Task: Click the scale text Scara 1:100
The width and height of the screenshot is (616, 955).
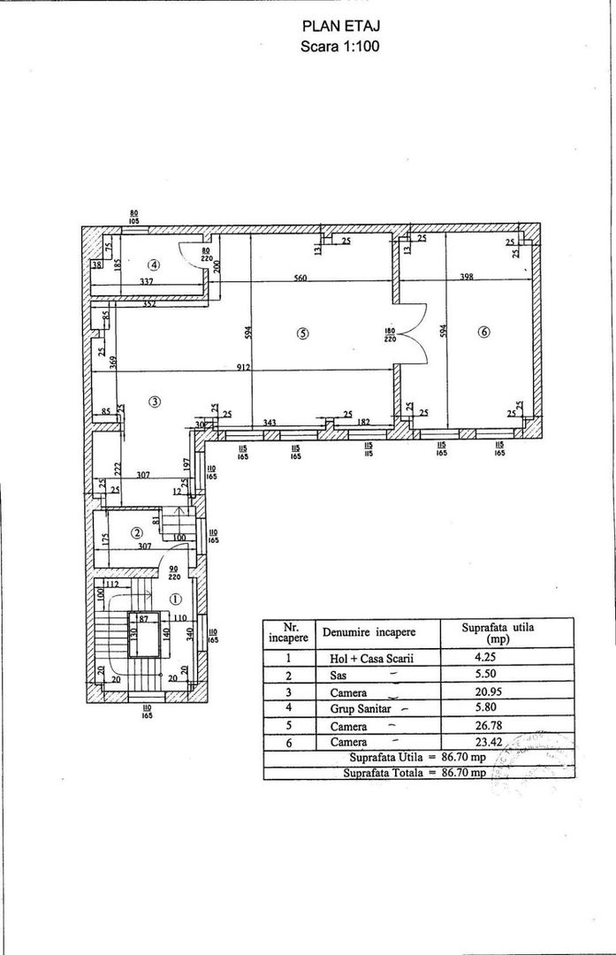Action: [340, 48]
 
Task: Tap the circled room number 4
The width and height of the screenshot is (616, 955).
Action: [154, 264]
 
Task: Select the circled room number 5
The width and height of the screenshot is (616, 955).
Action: [302, 333]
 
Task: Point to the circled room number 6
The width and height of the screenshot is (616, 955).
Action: [483, 332]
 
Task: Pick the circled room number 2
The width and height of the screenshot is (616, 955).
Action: [137, 532]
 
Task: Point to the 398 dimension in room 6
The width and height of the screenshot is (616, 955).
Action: [467, 277]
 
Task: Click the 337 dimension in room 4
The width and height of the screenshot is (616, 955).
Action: [148, 282]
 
